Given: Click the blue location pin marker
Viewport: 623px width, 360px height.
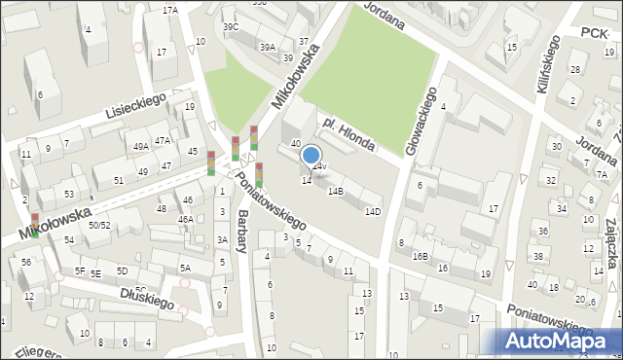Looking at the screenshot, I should point(311,156).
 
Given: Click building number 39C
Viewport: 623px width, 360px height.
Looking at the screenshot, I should point(231,27).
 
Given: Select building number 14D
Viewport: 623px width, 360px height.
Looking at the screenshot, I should point(372,211).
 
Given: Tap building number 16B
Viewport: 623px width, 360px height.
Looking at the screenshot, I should point(420,256).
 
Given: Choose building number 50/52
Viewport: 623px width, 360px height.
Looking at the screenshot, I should point(98,225).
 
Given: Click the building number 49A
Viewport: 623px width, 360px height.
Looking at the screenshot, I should point(141,146).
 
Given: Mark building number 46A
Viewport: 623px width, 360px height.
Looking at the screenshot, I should point(185,220).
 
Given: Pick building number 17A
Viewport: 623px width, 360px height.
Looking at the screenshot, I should point(170,10).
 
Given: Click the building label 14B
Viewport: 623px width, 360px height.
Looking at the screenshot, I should point(335,192).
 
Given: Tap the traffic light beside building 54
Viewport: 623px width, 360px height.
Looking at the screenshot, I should point(35,225).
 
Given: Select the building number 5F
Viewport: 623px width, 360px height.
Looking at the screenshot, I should point(81,270).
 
